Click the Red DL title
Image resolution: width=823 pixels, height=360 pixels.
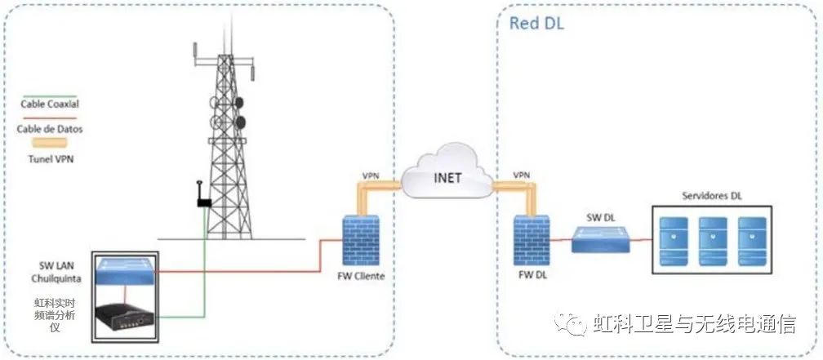536,23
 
